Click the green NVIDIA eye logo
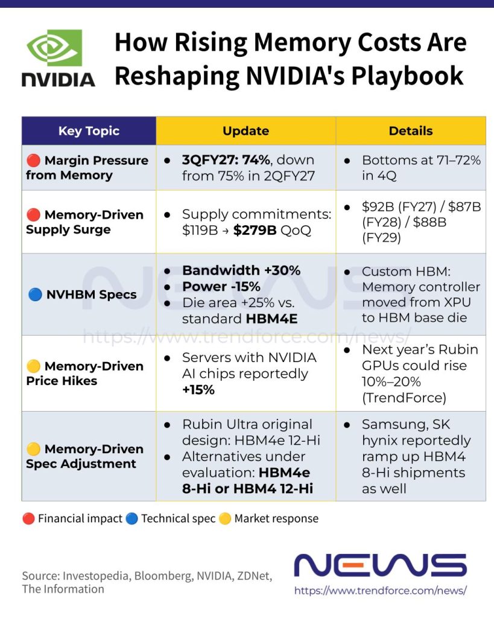click(x=54, y=48)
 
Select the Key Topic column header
click(x=89, y=131)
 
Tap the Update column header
click(x=246, y=131)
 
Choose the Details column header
click(x=411, y=131)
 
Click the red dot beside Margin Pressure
click(x=34, y=161)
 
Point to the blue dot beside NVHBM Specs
click(x=35, y=295)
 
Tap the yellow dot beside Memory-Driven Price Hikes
click(x=34, y=366)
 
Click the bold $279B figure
click(x=255, y=230)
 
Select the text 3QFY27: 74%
click(x=226, y=160)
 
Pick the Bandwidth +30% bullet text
click(x=241, y=270)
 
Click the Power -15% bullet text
click(x=221, y=287)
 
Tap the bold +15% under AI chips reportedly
click(x=198, y=390)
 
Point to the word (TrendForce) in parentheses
click(x=404, y=398)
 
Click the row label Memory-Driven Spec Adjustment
click(x=84, y=456)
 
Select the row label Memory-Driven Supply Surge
click(x=84, y=222)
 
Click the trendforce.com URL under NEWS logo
click(x=381, y=590)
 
